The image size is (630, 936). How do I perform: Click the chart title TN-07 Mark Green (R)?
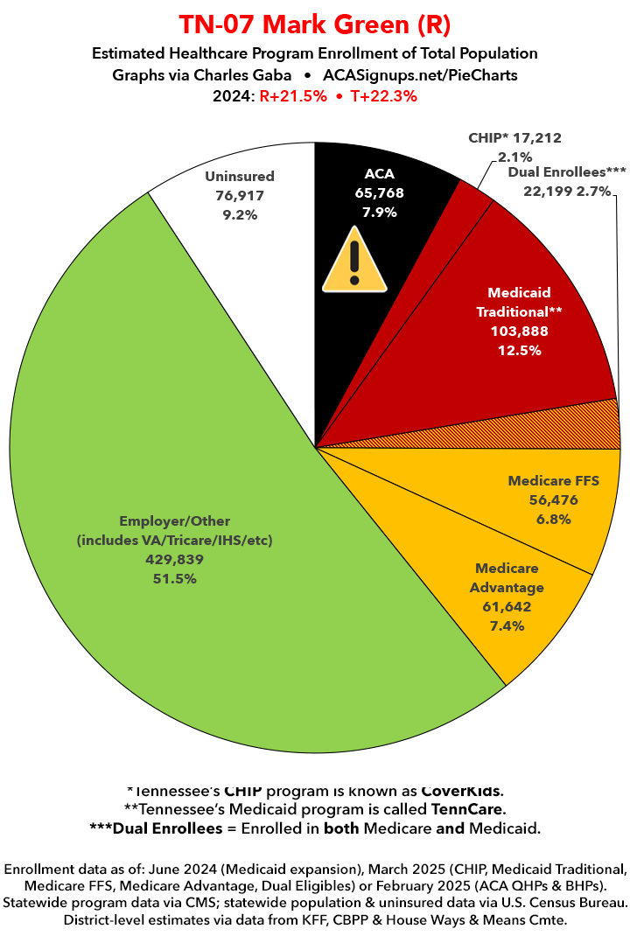315,24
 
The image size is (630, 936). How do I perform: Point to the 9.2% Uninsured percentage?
240,214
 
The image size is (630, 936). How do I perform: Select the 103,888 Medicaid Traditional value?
519,332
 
